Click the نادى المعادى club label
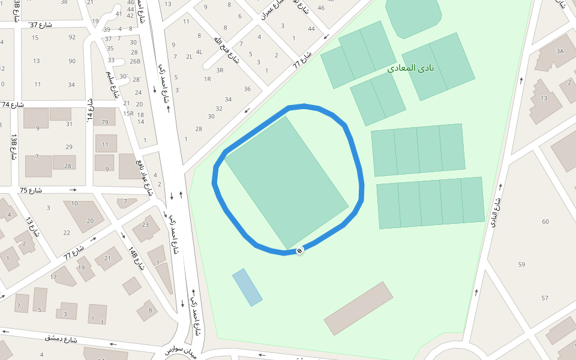click(x=414, y=68)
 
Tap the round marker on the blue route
click(x=299, y=250)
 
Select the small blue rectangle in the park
click(x=247, y=287)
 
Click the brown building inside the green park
click(x=358, y=308)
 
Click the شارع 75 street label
click(x=31, y=190)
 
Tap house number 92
click(x=72, y=37)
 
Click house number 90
click(x=72, y=61)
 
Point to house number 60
click(x=545, y=222)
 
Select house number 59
click(x=521, y=265)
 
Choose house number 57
click(x=545, y=298)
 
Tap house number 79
click(x=105, y=122)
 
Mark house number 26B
click(x=135, y=61)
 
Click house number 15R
click(x=128, y=113)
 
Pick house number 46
click(x=321, y=8)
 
